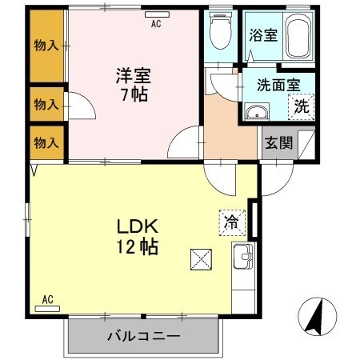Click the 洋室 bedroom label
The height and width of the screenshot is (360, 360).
133,77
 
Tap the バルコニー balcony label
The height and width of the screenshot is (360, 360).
143,337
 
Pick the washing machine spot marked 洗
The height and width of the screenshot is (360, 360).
302,106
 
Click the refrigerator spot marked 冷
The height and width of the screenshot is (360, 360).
230,220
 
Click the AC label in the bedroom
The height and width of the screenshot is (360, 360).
156,23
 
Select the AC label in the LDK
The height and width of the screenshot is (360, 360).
47,300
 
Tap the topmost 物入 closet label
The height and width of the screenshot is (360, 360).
46,46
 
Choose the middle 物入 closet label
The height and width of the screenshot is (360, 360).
46,103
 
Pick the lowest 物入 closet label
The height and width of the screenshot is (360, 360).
46,142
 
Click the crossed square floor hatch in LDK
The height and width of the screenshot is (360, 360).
201,259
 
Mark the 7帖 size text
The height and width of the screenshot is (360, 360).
133,94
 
